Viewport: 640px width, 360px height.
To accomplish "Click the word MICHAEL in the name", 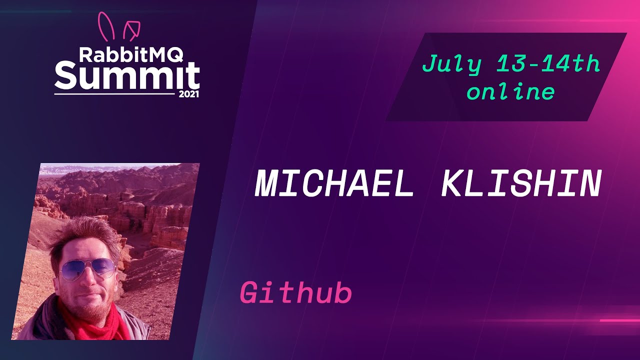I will (333, 184).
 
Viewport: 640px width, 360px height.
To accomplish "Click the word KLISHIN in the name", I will (521, 184).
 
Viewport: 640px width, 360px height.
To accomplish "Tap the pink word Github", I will (296, 293).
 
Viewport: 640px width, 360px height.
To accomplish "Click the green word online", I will (510, 92).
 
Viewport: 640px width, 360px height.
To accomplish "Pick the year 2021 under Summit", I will (188, 94).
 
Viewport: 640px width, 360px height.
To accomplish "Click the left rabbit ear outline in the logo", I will (106, 26).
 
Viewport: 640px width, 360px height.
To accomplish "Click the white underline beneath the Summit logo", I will (115, 94).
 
